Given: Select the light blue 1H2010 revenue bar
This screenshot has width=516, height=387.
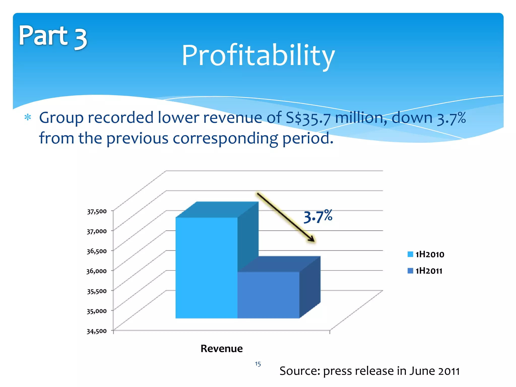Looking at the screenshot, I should [206, 267].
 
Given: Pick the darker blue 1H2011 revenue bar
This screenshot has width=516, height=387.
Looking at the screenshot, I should [268, 295].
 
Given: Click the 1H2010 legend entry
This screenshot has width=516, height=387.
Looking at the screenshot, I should [426, 254].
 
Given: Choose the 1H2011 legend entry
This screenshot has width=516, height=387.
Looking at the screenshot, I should [425, 271].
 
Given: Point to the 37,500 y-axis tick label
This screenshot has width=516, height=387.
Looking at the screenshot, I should [97, 211].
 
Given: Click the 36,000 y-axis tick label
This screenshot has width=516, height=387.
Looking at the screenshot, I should [97, 271].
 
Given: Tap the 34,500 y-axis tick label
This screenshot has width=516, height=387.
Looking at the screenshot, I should [97, 331].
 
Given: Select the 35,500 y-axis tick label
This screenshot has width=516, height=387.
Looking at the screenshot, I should [97, 291].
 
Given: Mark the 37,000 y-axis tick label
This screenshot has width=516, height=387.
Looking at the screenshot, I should [97, 231].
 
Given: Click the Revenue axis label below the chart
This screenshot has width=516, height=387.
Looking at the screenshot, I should [221, 349].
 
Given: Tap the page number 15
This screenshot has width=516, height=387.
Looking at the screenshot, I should [258, 364].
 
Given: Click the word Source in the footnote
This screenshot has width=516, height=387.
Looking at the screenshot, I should [300, 371].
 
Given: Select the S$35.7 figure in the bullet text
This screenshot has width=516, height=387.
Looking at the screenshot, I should [308, 118].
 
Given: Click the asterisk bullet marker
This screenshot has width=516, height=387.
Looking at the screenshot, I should [28, 118].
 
